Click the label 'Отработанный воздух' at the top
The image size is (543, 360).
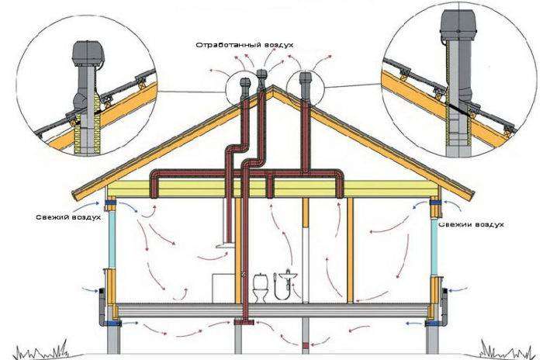[x=244, y=46]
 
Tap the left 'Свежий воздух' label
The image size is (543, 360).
[x=68, y=217]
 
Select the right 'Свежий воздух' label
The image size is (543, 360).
[x=472, y=224]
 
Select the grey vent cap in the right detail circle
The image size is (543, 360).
[x=458, y=25]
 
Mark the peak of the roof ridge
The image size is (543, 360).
[x=273, y=85]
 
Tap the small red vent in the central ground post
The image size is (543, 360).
[x=305, y=345]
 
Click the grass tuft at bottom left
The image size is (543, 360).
[x=42, y=349]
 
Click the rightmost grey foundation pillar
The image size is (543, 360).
[x=432, y=336]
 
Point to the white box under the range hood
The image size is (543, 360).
[x=223, y=288]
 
